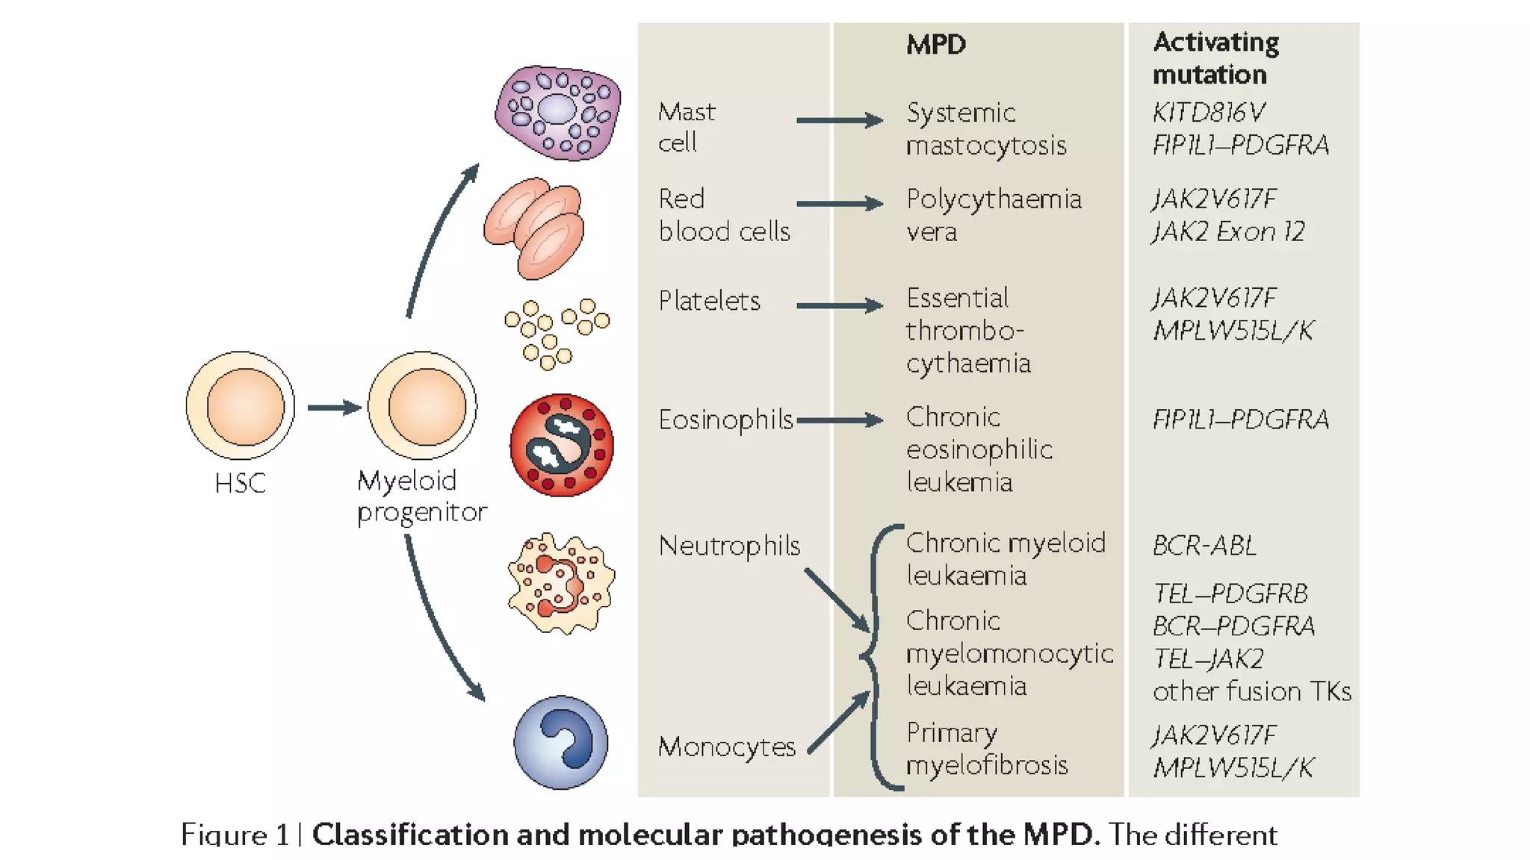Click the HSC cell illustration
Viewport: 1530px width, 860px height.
click(241, 406)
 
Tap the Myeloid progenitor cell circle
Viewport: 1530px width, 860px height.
click(423, 406)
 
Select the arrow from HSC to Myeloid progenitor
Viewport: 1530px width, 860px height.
click(333, 407)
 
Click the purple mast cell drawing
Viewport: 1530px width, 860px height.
click(557, 113)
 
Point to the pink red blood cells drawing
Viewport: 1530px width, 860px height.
click(535, 228)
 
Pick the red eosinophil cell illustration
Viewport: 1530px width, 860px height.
click(562, 445)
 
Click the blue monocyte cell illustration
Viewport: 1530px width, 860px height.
click(561, 742)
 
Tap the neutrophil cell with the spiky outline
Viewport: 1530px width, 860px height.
click(561, 584)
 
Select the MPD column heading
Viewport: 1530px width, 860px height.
click(935, 45)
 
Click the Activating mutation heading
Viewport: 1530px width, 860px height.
click(1215, 58)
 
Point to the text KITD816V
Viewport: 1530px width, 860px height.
click(1208, 112)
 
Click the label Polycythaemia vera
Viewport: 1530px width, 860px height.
click(993, 215)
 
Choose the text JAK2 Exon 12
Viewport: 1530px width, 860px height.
click(1227, 231)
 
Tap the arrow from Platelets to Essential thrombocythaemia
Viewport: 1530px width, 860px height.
click(839, 305)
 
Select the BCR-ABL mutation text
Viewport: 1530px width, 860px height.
click(1204, 546)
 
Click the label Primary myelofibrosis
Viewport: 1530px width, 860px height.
click(986, 749)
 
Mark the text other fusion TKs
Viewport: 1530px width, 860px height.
click(1251, 691)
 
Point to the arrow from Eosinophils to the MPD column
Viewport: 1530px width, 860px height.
click(839, 420)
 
